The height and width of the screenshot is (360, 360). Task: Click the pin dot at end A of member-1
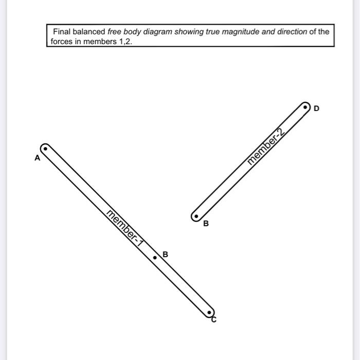(45, 149)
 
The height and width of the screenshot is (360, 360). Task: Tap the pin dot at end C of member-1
(208, 312)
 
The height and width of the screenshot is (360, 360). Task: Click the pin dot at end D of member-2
(305, 107)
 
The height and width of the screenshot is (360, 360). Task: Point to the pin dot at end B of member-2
(196, 217)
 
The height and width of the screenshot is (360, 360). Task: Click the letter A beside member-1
(37, 158)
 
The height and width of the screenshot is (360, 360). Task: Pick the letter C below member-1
(214, 320)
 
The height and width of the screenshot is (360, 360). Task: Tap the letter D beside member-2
(316, 109)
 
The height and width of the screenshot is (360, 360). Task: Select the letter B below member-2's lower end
(206, 224)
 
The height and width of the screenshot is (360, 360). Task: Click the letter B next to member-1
(165, 254)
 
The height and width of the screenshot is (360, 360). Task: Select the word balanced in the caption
(89, 32)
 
